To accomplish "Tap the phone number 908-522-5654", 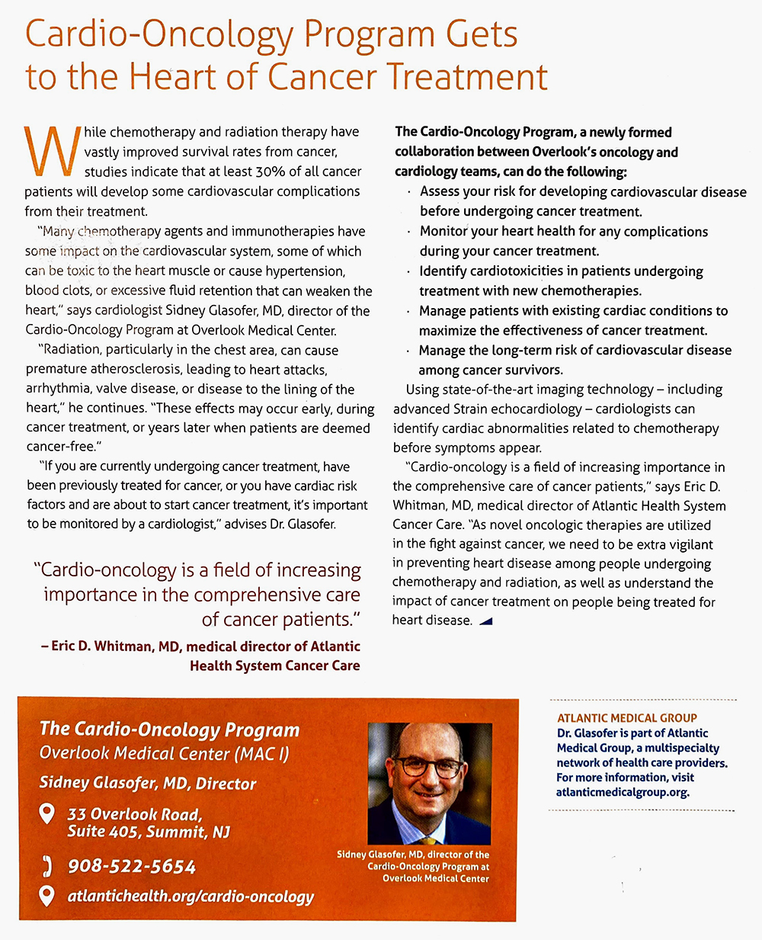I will pyautogui.click(x=132, y=867).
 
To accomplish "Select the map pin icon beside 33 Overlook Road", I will pyautogui.click(x=47, y=814).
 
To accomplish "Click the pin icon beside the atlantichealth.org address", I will pyautogui.click(x=47, y=896).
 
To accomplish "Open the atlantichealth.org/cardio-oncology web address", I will pyautogui.click(x=190, y=897).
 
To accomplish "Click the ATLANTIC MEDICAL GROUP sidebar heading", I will pyautogui.click(x=627, y=717).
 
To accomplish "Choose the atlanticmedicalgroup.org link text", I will pyautogui.click(x=622, y=792).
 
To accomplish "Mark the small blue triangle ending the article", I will pyautogui.click(x=485, y=621).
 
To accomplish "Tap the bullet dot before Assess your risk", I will pyautogui.click(x=409, y=192).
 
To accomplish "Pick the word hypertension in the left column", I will pyautogui.click(x=302, y=271).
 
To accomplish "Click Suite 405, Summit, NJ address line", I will pyautogui.click(x=149, y=832).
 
